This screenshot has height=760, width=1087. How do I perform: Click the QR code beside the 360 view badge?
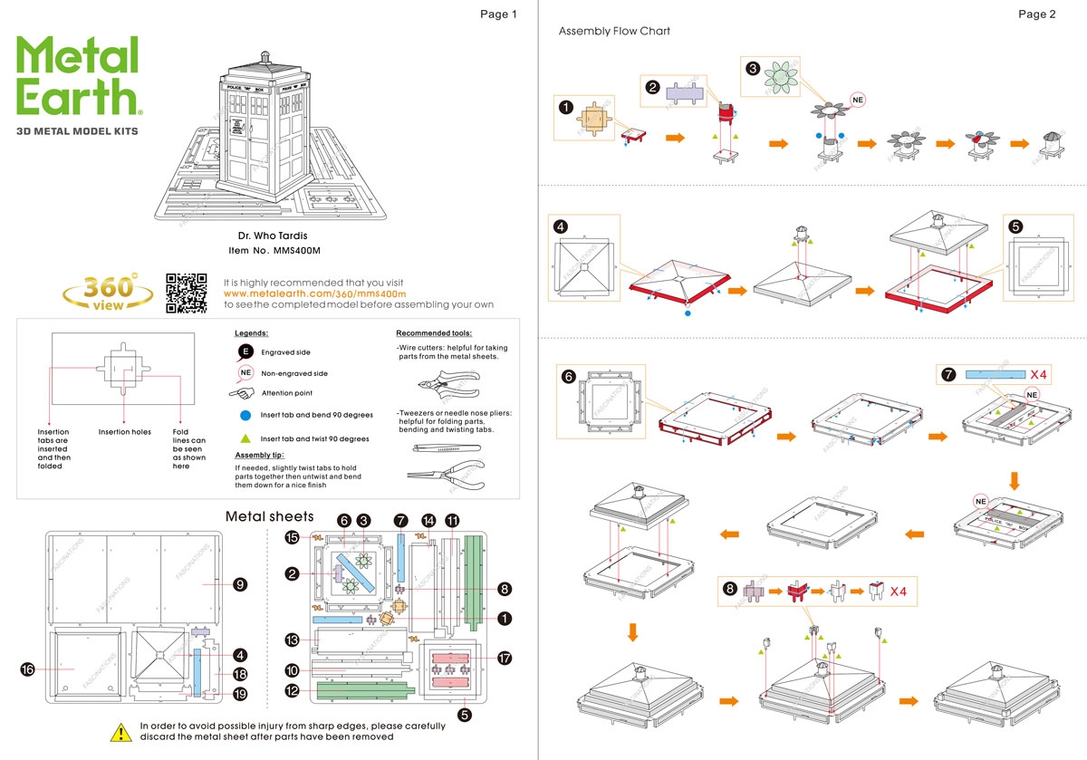point(187,293)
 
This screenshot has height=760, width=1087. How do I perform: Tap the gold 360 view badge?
point(108,292)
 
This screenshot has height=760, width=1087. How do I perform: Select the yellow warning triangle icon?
point(120,732)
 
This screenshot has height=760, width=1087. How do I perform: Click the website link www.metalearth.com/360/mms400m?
point(314,293)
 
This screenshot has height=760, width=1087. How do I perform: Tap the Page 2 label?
point(1036,14)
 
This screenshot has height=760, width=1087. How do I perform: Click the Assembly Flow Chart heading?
point(614,31)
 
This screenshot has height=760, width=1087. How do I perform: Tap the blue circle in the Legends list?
point(245,415)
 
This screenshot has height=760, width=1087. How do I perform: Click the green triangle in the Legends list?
point(245,438)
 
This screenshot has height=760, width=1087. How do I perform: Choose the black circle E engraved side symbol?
point(245,351)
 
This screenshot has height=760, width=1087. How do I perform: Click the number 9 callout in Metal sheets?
point(240,584)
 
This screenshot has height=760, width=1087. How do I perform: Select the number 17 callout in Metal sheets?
point(505,659)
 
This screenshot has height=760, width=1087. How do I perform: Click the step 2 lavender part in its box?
point(686,92)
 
